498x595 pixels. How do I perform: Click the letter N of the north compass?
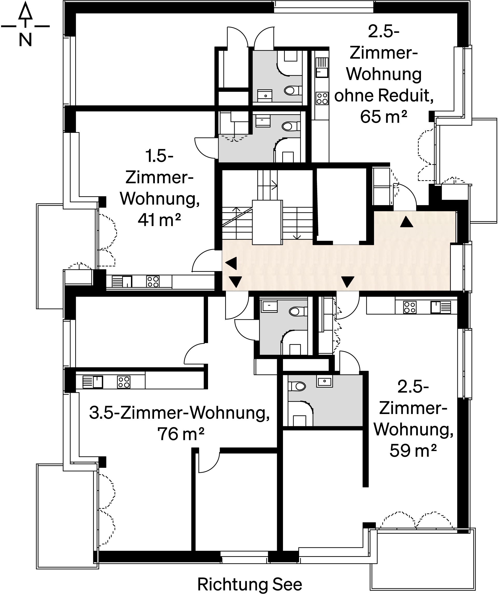(x=25, y=40)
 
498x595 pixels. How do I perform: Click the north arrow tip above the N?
(x=25, y=2)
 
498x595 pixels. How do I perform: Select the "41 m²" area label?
(x=159, y=220)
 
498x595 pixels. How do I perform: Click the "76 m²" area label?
(x=181, y=434)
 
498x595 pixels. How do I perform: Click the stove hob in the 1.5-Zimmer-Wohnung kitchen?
(x=153, y=282)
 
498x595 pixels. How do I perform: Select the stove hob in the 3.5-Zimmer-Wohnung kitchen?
(x=124, y=382)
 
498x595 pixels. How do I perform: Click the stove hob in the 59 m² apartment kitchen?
(x=410, y=307)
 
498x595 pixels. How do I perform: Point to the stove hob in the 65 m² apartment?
(x=322, y=98)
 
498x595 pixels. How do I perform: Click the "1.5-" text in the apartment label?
(x=159, y=156)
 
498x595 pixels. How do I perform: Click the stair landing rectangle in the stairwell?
(x=267, y=222)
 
